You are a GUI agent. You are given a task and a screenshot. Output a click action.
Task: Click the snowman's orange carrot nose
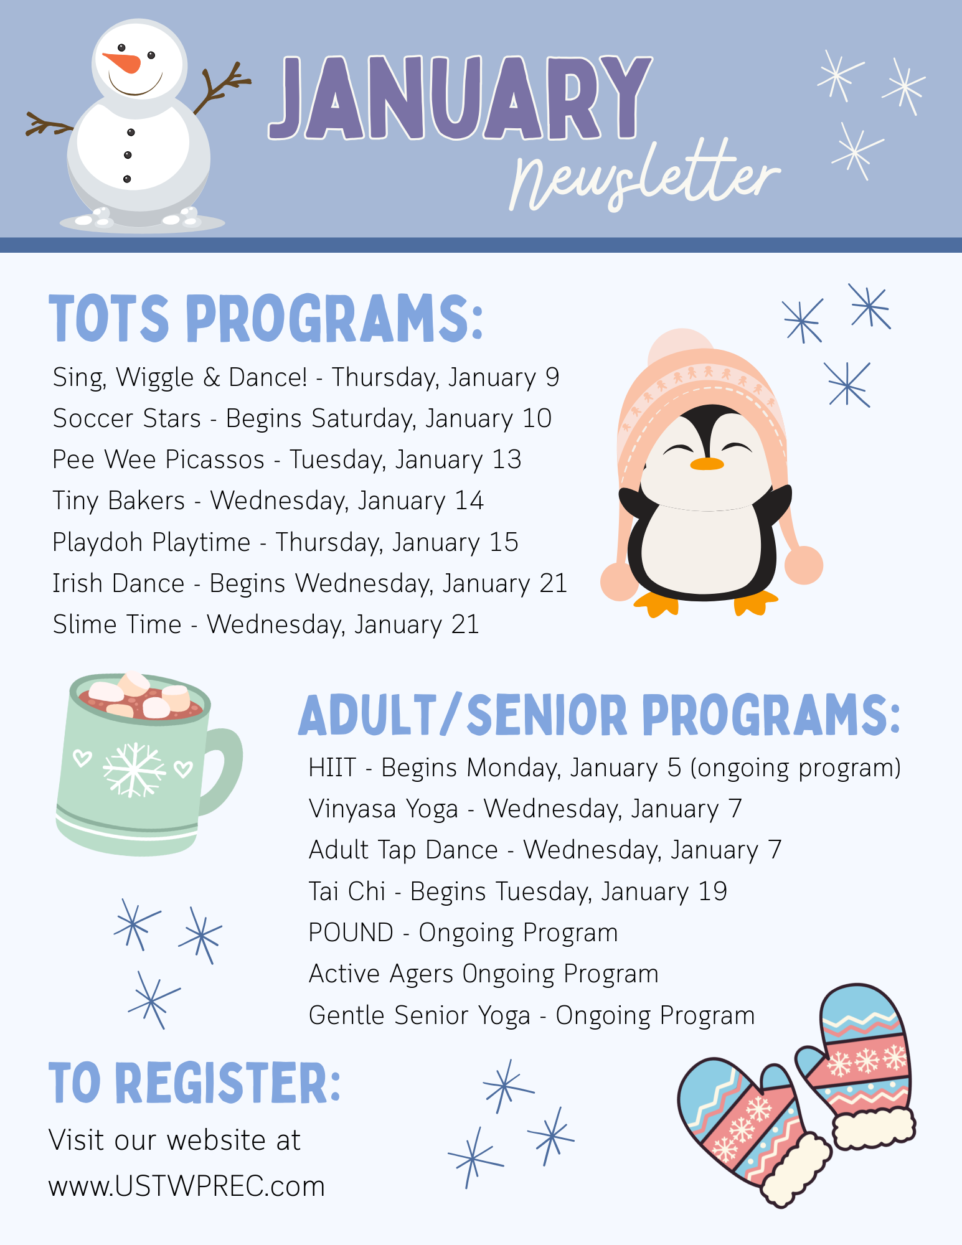click(123, 62)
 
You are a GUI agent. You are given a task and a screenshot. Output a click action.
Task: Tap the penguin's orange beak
click(707, 464)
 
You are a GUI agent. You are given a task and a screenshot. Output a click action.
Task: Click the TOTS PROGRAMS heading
click(266, 319)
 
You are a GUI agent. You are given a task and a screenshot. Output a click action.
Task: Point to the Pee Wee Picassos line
click(287, 460)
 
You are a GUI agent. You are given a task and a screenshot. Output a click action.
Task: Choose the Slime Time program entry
click(266, 625)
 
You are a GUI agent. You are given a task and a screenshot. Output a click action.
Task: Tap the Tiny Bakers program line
click(268, 501)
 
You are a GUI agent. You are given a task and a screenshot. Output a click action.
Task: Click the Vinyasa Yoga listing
click(526, 809)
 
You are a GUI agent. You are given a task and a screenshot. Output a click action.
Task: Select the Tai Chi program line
click(518, 891)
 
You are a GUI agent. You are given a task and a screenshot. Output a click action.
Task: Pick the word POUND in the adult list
click(351, 933)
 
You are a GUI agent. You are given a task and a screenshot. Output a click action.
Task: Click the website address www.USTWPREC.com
click(187, 1186)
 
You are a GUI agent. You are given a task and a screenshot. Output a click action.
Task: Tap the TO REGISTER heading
click(195, 1083)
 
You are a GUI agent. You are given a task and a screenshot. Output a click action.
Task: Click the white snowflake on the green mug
click(134, 770)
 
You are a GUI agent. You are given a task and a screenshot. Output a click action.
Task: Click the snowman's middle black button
click(128, 155)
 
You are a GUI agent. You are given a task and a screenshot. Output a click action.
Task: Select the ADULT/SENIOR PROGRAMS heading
click(600, 715)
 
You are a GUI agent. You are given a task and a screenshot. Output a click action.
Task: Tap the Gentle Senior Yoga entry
click(532, 1015)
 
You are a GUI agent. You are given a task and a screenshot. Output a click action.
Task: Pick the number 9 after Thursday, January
click(552, 377)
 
